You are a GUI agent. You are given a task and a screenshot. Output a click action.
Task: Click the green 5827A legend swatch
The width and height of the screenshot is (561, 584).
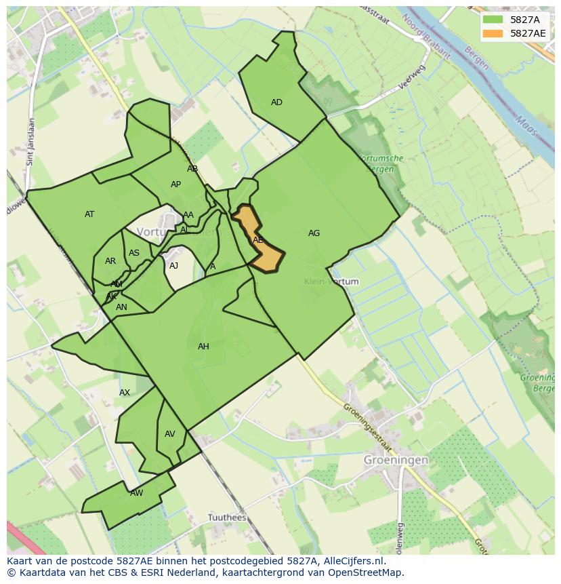[493, 20]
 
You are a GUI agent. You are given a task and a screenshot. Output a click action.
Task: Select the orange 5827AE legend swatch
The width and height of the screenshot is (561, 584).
[493, 33]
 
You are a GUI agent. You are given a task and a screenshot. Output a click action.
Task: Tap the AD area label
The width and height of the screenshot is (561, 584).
[276, 102]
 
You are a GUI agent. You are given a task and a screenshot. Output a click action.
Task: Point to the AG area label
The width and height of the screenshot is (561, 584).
[314, 233]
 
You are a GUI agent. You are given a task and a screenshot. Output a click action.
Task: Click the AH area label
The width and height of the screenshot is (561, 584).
[203, 347]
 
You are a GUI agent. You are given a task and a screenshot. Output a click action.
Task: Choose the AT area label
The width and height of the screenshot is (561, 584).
[89, 214]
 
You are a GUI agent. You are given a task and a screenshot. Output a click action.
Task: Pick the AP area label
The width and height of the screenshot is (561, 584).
[175, 184]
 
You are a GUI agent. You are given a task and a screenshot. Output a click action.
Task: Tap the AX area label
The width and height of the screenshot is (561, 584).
[125, 393]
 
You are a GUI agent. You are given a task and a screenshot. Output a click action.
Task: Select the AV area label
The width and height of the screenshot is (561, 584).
[170, 434]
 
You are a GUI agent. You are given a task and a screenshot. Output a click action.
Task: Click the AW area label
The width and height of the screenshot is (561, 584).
[137, 493]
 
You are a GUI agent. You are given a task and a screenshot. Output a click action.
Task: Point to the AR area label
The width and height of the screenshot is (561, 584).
[110, 261]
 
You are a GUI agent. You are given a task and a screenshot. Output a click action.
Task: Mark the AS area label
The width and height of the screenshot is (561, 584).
[134, 254]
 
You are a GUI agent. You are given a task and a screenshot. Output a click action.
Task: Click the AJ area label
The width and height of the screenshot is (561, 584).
[174, 266]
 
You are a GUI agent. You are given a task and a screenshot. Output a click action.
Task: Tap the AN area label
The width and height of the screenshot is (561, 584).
[121, 307]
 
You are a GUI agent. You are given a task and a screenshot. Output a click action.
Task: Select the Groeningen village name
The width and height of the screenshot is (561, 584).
[396, 460]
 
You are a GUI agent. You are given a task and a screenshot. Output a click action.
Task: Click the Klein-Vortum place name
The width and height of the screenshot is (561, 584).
[331, 281]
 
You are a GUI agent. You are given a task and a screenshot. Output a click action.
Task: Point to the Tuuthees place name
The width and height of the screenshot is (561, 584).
[226, 518]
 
